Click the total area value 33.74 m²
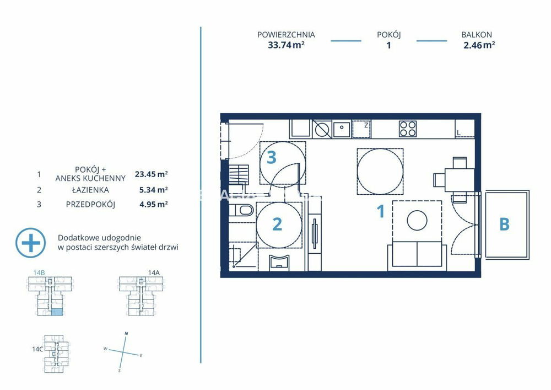[x=286, y=45]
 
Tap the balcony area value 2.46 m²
[x=479, y=45]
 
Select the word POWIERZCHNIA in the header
[x=286, y=35]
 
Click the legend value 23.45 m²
[x=152, y=174]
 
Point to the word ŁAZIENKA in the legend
[x=90, y=190]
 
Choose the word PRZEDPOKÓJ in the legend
[x=90, y=204]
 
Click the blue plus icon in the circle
[x=30, y=243]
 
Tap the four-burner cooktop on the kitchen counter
[x=408, y=129]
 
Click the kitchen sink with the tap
[x=342, y=129]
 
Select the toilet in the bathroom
[x=242, y=210]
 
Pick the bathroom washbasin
[x=279, y=263]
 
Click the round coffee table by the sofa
[x=417, y=221]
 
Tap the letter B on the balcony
[x=504, y=225]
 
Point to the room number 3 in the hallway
[x=272, y=158]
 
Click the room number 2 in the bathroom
[x=277, y=225]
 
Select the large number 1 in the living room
[x=381, y=211]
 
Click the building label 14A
[x=154, y=273]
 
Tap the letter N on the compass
[x=127, y=333]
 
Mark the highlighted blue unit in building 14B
[x=57, y=312]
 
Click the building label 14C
[x=37, y=349]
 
